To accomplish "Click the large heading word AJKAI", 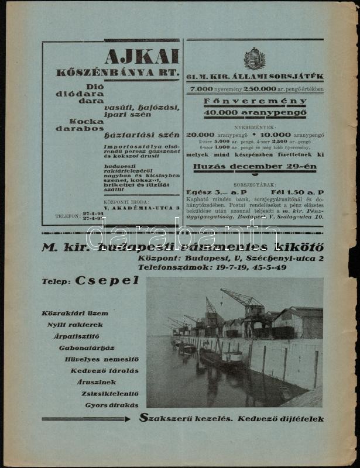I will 141,57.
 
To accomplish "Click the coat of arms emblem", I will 255,59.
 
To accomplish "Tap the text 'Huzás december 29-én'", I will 255,166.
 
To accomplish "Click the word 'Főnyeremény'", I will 255,101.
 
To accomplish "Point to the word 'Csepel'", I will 107,280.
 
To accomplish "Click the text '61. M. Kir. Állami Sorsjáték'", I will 255,77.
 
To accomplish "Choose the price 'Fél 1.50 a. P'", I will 297,192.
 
